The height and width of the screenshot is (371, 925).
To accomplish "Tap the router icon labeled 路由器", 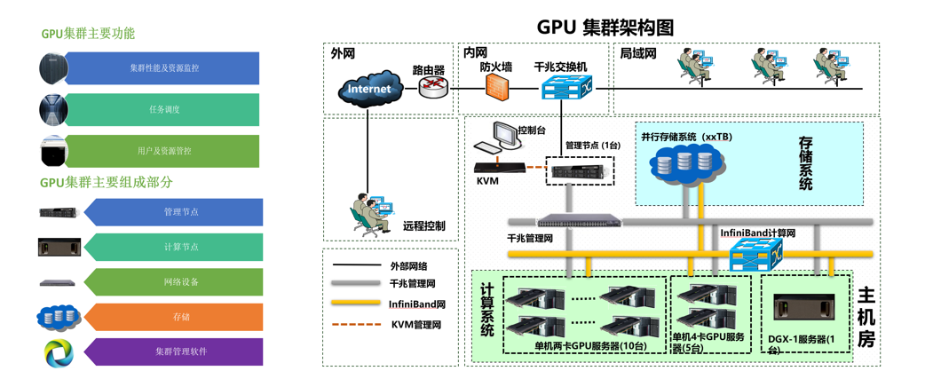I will [x=433, y=86].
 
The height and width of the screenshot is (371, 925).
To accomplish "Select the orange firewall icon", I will [x=498, y=86].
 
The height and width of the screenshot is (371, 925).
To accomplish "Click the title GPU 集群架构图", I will [x=605, y=27].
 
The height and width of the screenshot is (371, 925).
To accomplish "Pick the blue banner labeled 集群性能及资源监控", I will [x=163, y=68].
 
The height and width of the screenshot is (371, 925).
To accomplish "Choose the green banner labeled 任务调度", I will [x=163, y=110].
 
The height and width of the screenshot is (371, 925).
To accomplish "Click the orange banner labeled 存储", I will [x=180, y=317].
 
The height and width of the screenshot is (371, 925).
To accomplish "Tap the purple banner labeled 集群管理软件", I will [x=180, y=351].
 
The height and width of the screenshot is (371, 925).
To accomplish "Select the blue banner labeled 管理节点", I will [x=180, y=212].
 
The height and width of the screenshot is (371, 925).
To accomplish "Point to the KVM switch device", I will [x=498, y=167].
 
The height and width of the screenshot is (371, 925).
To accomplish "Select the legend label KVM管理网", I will [x=416, y=325].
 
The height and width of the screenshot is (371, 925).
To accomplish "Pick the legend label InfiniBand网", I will [x=416, y=304].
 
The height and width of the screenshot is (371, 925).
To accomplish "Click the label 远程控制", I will [x=424, y=226].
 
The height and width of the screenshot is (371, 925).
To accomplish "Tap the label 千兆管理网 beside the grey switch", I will [x=530, y=238].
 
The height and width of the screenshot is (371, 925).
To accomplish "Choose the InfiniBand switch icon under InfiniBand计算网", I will [x=753, y=257].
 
